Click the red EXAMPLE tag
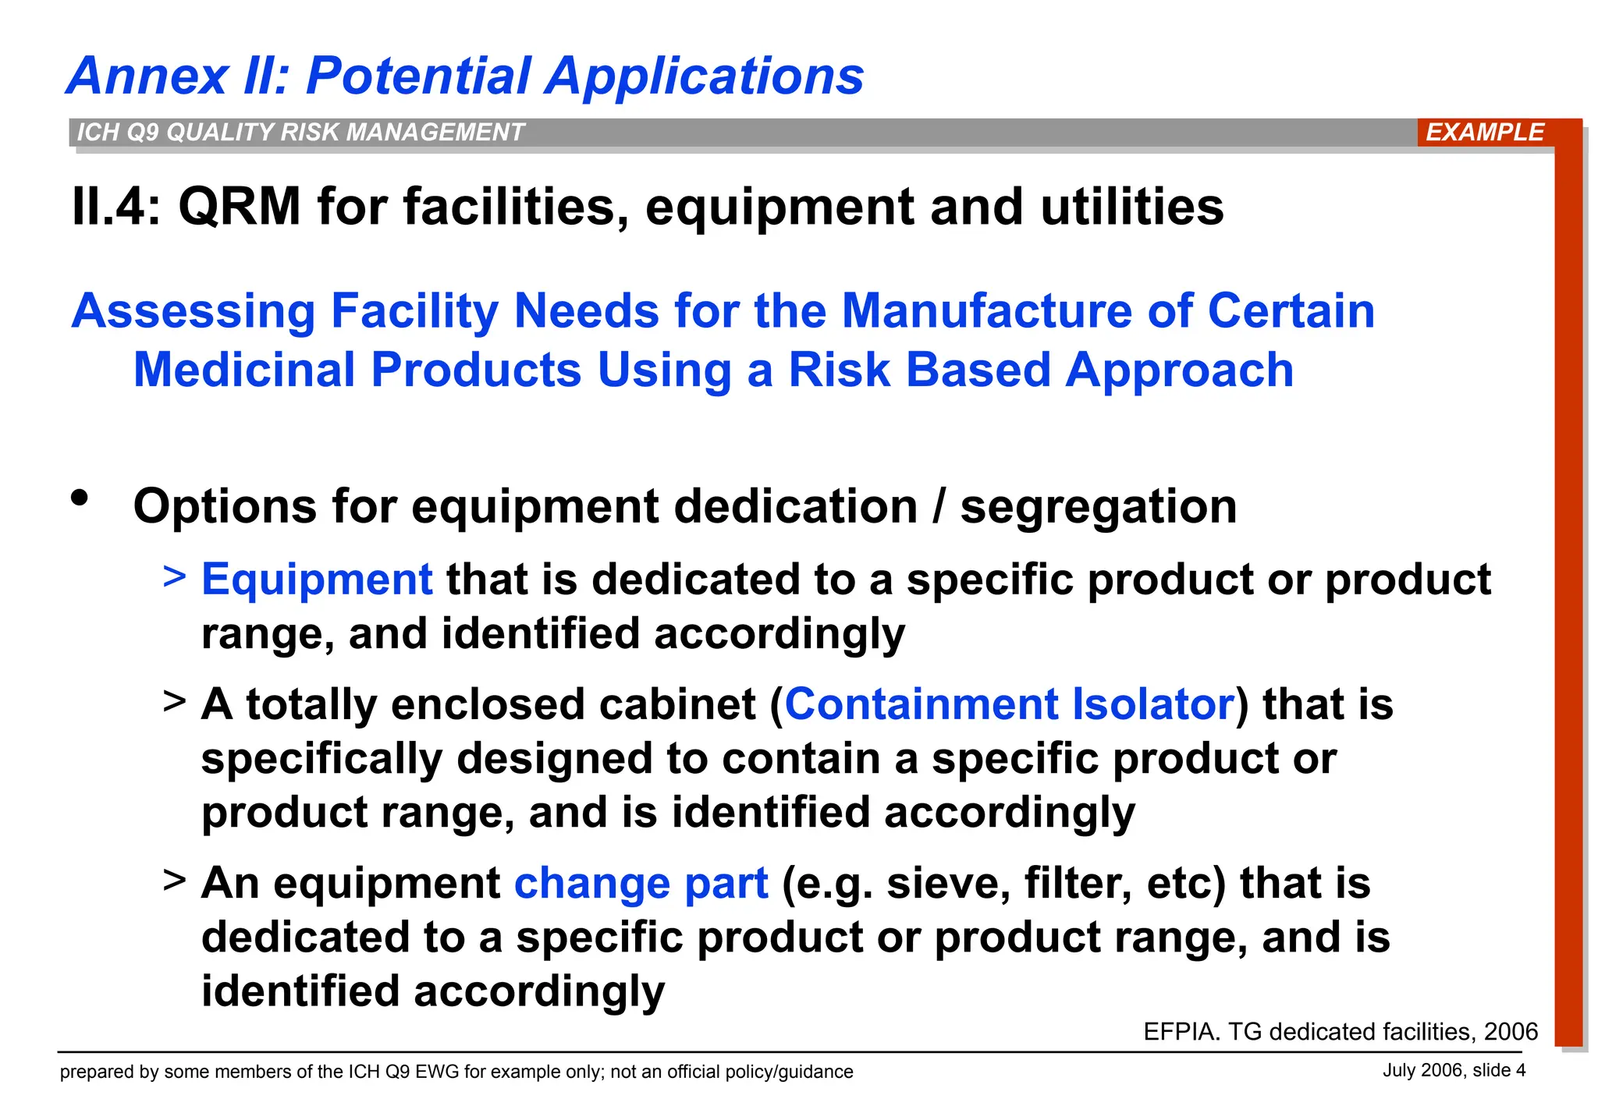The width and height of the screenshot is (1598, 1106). click(x=1484, y=132)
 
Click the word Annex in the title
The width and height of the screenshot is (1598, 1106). click(x=148, y=76)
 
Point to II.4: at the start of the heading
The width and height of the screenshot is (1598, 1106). click(x=115, y=207)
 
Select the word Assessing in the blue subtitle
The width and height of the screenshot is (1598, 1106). click(x=194, y=311)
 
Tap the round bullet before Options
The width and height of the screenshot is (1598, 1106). click(x=80, y=498)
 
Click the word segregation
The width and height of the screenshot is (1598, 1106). click(x=1098, y=507)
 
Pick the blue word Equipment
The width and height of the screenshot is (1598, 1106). click(x=317, y=580)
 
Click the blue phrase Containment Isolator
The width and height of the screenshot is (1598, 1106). click(x=1010, y=704)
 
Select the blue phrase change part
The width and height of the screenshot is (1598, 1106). click(x=641, y=884)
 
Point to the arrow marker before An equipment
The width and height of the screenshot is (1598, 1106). click(x=175, y=880)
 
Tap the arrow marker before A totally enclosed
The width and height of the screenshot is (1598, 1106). click(x=175, y=700)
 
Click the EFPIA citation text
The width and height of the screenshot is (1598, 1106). click(x=1340, y=1032)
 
